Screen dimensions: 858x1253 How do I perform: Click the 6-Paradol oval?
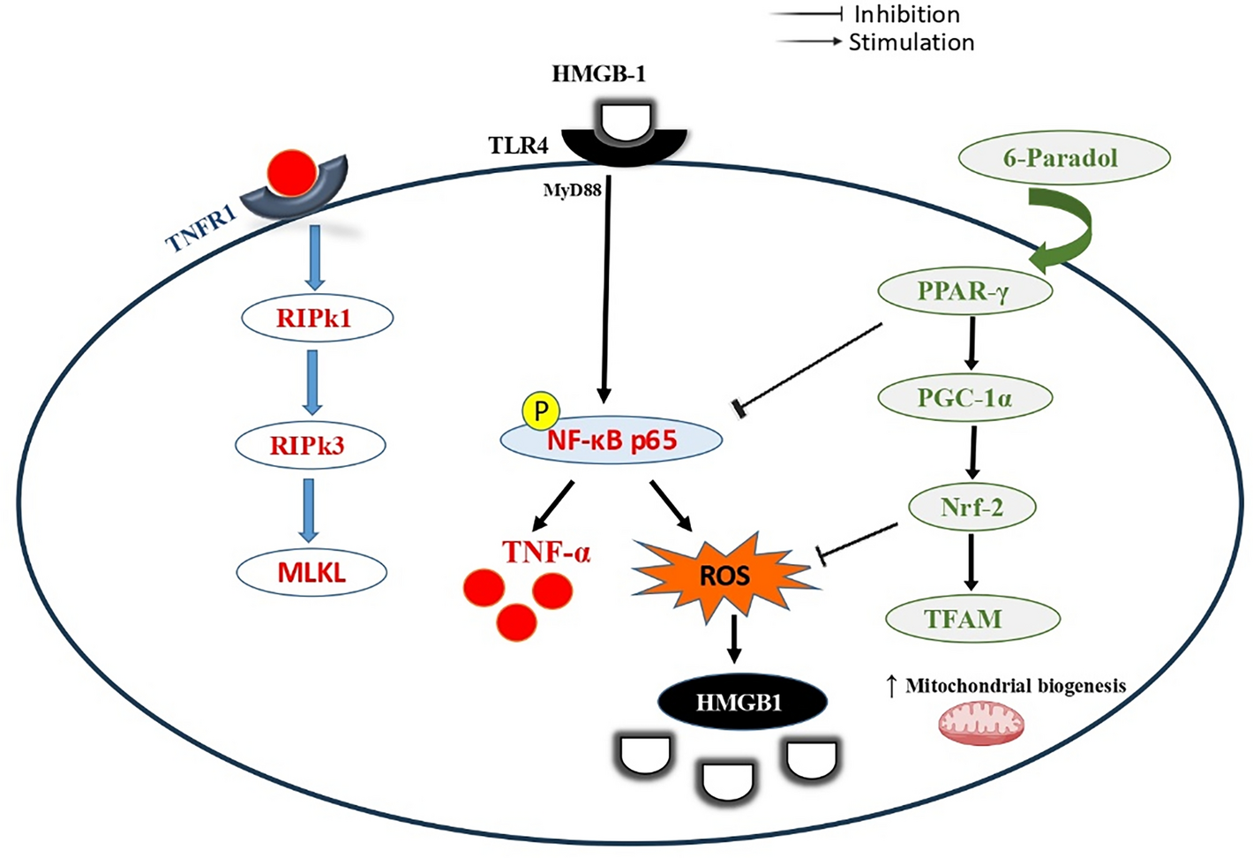1063,159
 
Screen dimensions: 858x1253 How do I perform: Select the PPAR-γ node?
964,291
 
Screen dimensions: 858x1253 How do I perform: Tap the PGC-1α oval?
965,398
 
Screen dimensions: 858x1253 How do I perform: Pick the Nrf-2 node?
972,508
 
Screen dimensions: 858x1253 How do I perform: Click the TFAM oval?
972,619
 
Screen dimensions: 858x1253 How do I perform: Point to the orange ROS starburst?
724,576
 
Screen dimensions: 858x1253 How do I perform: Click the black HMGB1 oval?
742,703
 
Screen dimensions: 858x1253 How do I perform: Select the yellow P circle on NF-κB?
541,410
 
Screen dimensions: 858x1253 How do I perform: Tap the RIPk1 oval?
316,318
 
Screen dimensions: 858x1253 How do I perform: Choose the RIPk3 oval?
309,446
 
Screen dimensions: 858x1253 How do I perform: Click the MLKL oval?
311,573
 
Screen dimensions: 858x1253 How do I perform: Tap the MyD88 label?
572,190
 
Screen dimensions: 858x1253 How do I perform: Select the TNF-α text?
545,553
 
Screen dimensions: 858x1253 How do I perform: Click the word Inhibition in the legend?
906,14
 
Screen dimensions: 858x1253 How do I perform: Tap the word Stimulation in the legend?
911,42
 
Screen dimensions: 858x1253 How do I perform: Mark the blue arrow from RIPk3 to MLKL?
308,509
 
